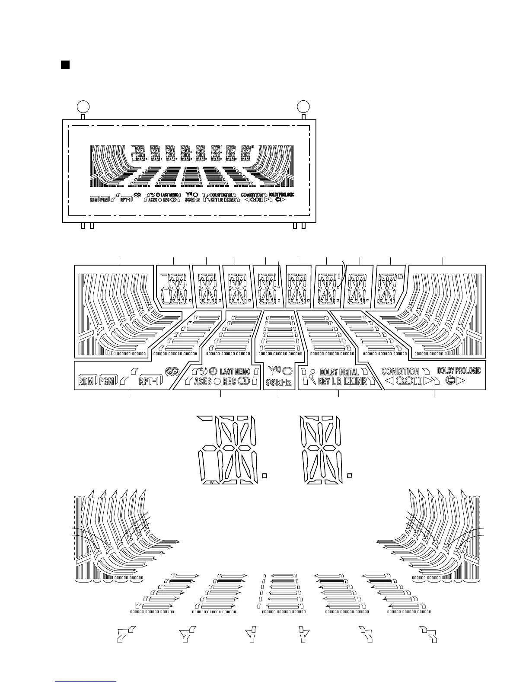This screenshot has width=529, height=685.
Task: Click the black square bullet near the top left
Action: (65, 65)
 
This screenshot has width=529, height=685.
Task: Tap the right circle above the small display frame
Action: (303, 106)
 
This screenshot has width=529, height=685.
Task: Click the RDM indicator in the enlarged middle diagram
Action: (86, 381)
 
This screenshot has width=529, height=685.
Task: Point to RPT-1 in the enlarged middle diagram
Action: (150, 381)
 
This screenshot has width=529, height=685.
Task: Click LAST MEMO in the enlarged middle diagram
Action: (235, 371)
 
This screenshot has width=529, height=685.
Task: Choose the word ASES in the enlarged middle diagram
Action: (203, 381)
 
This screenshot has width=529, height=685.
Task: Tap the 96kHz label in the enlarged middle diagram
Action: (279, 382)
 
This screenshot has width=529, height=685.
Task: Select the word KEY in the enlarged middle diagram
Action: (324, 381)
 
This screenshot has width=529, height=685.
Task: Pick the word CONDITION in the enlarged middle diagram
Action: (400, 371)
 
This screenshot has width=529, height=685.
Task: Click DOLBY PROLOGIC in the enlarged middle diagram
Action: (459, 371)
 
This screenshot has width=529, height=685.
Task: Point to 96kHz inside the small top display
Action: (192, 200)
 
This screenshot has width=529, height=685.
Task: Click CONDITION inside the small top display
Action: (252, 195)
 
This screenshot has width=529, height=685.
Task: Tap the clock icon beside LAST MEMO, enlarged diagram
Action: (213, 371)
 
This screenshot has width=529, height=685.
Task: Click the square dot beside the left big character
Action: (265, 476)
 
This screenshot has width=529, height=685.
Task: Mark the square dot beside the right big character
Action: (350, 476)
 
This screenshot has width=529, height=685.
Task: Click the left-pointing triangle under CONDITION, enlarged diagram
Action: (389, 381)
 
